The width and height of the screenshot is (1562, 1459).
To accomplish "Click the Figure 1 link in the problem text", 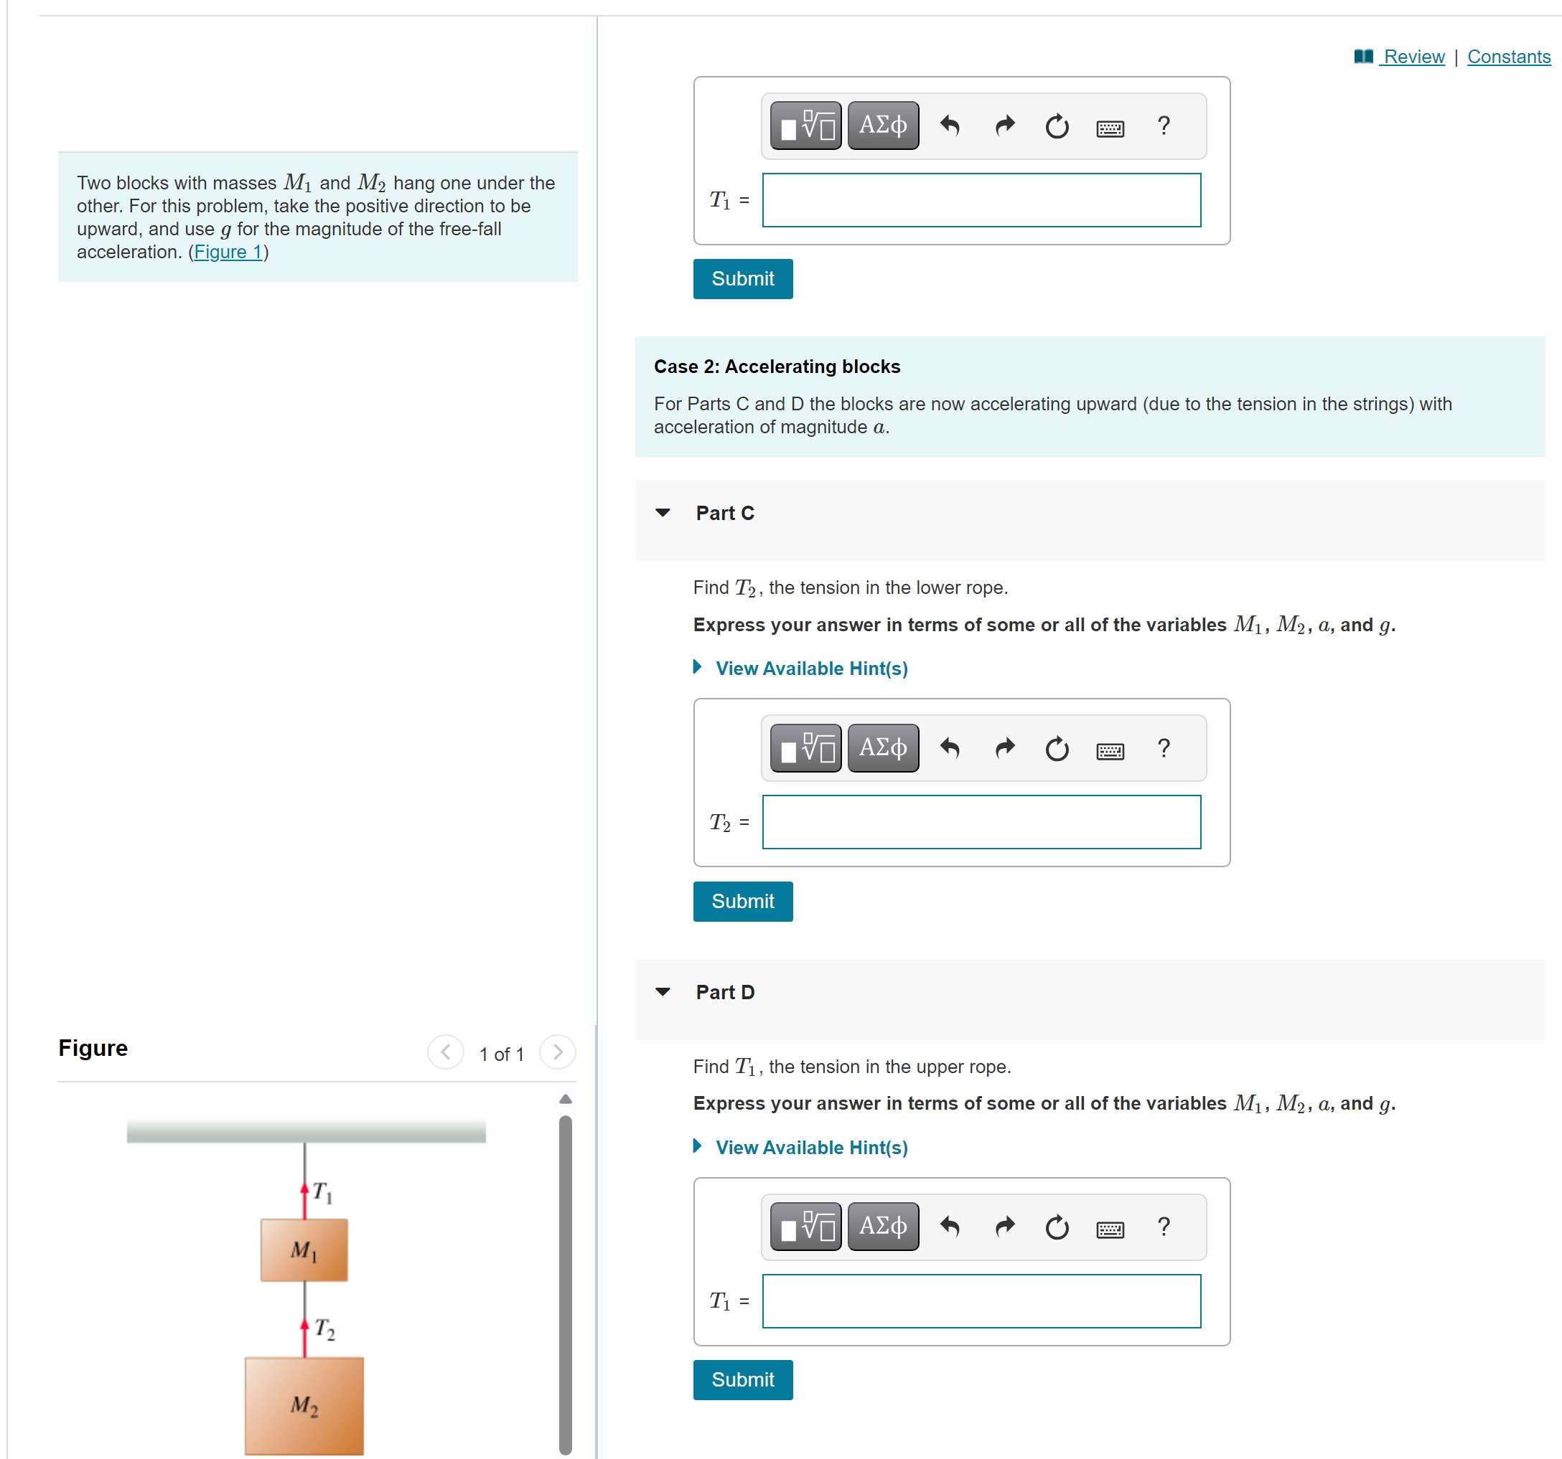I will [x=228, y=252].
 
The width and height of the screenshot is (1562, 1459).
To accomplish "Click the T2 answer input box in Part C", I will [x=981, y=822].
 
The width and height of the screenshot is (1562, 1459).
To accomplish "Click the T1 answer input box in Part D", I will [x=981, y=1301].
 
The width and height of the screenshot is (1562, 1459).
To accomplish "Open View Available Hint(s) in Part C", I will [x=811, y=669].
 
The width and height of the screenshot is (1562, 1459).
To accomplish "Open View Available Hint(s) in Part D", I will [x=811, y=1147].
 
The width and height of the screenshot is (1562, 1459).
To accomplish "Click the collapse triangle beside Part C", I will [x=663, y=513].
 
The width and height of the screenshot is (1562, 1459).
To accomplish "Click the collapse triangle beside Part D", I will [x=663, y=992].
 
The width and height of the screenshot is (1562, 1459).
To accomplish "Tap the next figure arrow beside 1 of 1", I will [x=557, y=1052].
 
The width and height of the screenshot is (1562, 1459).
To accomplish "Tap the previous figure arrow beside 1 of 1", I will [x=446, y=1052].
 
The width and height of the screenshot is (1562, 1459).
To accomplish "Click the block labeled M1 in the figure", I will [x=304, y=1250].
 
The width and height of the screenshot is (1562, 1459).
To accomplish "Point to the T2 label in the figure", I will [x=324, y=1328].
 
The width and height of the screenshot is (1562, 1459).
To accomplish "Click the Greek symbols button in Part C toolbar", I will [x=882, y=747].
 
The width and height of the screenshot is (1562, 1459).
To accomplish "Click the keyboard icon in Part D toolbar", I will [x=1110, y=1228].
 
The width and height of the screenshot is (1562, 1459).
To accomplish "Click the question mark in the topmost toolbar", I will [x=1164, y=126].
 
